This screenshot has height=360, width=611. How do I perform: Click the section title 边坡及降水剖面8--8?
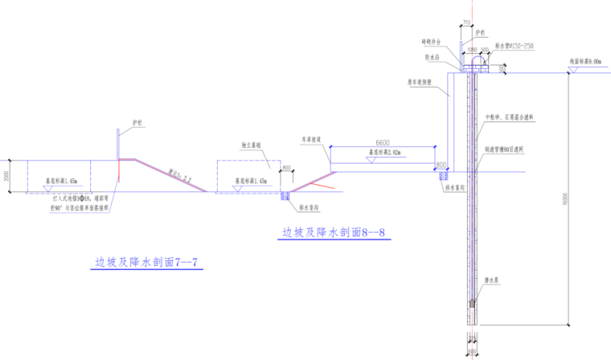click(334, 233)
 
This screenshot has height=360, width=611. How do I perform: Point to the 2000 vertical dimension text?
click(6, 175)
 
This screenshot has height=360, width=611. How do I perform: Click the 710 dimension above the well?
click(467, 23)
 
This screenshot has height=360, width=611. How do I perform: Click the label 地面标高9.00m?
click(584, 60)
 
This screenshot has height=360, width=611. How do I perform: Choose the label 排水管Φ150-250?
click(515, 47)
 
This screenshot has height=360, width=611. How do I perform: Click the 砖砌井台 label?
click(434, 42)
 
